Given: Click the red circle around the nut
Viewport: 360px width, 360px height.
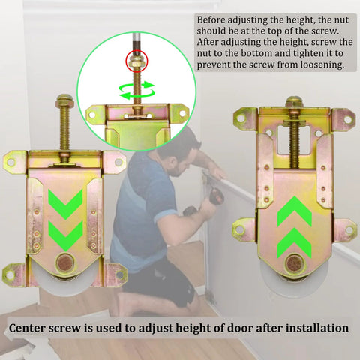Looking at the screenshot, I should pos(136,60).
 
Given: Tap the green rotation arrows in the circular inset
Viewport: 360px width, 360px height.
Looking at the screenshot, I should pos(136,90).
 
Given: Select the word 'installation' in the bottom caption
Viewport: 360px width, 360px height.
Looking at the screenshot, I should pos(310,328).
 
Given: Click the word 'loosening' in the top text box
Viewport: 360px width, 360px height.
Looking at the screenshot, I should pos(322,64).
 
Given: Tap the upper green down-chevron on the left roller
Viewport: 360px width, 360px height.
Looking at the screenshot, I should pos(66,203).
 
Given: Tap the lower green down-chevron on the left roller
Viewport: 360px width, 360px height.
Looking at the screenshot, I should pos(66,235).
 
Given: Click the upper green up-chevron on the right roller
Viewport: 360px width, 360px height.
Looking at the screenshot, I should pos(293,212).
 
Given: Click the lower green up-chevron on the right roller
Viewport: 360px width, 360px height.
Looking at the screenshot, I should pos(293,242).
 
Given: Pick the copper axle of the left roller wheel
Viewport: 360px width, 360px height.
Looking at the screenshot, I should pos(66,264).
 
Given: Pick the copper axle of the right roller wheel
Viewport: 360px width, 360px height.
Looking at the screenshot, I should pos(294,263).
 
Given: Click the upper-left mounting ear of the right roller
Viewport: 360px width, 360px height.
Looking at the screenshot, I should pos(245,118).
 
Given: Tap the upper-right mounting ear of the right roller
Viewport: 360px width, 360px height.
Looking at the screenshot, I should pos(343,118).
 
